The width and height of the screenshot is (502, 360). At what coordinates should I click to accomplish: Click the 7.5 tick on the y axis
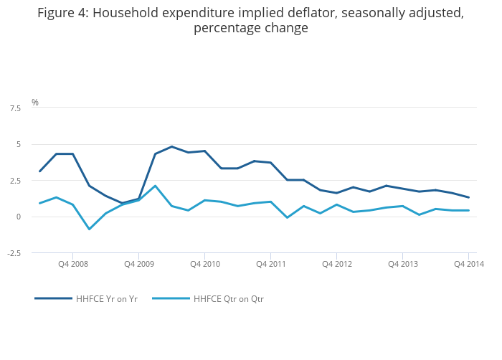15,108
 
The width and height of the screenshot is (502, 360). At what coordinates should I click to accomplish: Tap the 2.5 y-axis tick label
15,181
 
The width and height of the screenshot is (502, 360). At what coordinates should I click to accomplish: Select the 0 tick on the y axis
18,217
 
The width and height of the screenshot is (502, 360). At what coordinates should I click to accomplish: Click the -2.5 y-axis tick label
14,253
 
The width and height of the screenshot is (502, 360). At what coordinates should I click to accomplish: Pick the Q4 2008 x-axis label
73,264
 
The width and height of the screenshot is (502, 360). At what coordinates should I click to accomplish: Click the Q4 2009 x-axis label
138,264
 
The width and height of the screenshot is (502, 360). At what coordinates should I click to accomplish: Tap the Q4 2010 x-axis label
204,264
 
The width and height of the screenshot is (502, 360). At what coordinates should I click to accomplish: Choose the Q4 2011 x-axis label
270,264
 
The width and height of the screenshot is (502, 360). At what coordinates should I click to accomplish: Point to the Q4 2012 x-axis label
336,264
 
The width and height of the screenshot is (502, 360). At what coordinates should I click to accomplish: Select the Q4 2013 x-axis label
402,264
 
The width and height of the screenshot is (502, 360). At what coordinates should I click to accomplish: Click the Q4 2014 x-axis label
468,264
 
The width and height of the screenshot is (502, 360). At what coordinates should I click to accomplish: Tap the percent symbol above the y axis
34,103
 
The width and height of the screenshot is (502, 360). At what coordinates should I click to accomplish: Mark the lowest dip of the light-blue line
89,229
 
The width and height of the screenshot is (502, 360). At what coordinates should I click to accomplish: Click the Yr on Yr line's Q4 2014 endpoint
468,197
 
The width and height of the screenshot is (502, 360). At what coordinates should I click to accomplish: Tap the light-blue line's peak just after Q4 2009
155,186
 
